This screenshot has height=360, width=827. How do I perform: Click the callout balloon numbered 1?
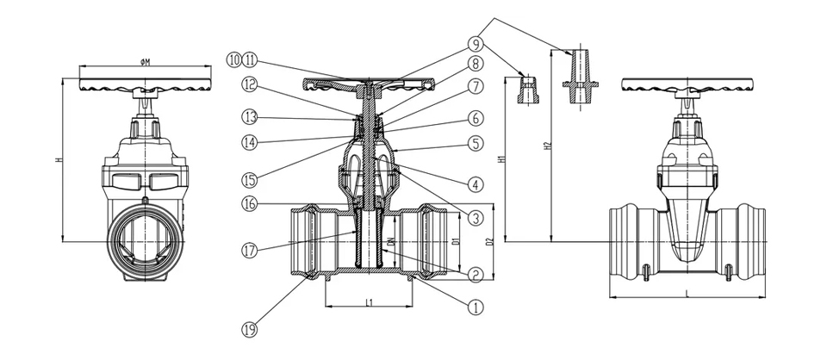[x=474, y=305]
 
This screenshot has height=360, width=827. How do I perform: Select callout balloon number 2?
[x=474, y=276]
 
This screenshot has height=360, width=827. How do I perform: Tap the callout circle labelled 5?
[x=474, y=143]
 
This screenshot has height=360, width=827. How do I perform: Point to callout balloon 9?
[x=474, y=41]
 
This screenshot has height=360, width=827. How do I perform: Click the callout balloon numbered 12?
[x=249, y=84]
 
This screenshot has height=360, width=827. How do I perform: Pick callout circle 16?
[x=249, y=205]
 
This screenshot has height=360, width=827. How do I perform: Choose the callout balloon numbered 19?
[x=249, y=328]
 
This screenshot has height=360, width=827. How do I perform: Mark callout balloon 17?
[x=249, y=251]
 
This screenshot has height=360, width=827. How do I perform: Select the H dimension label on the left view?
[x=58, y=160]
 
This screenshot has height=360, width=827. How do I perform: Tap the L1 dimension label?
[x=369, y=302]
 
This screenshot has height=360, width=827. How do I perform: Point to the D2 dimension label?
[x=488, y=244]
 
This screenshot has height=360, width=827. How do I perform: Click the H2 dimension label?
[x=547, y=146]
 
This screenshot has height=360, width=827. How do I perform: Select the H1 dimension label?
[x=501, y=160]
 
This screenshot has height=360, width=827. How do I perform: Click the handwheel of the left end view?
[x=145, y=85]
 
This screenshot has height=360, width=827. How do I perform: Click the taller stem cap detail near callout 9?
[x=576, y=72]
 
